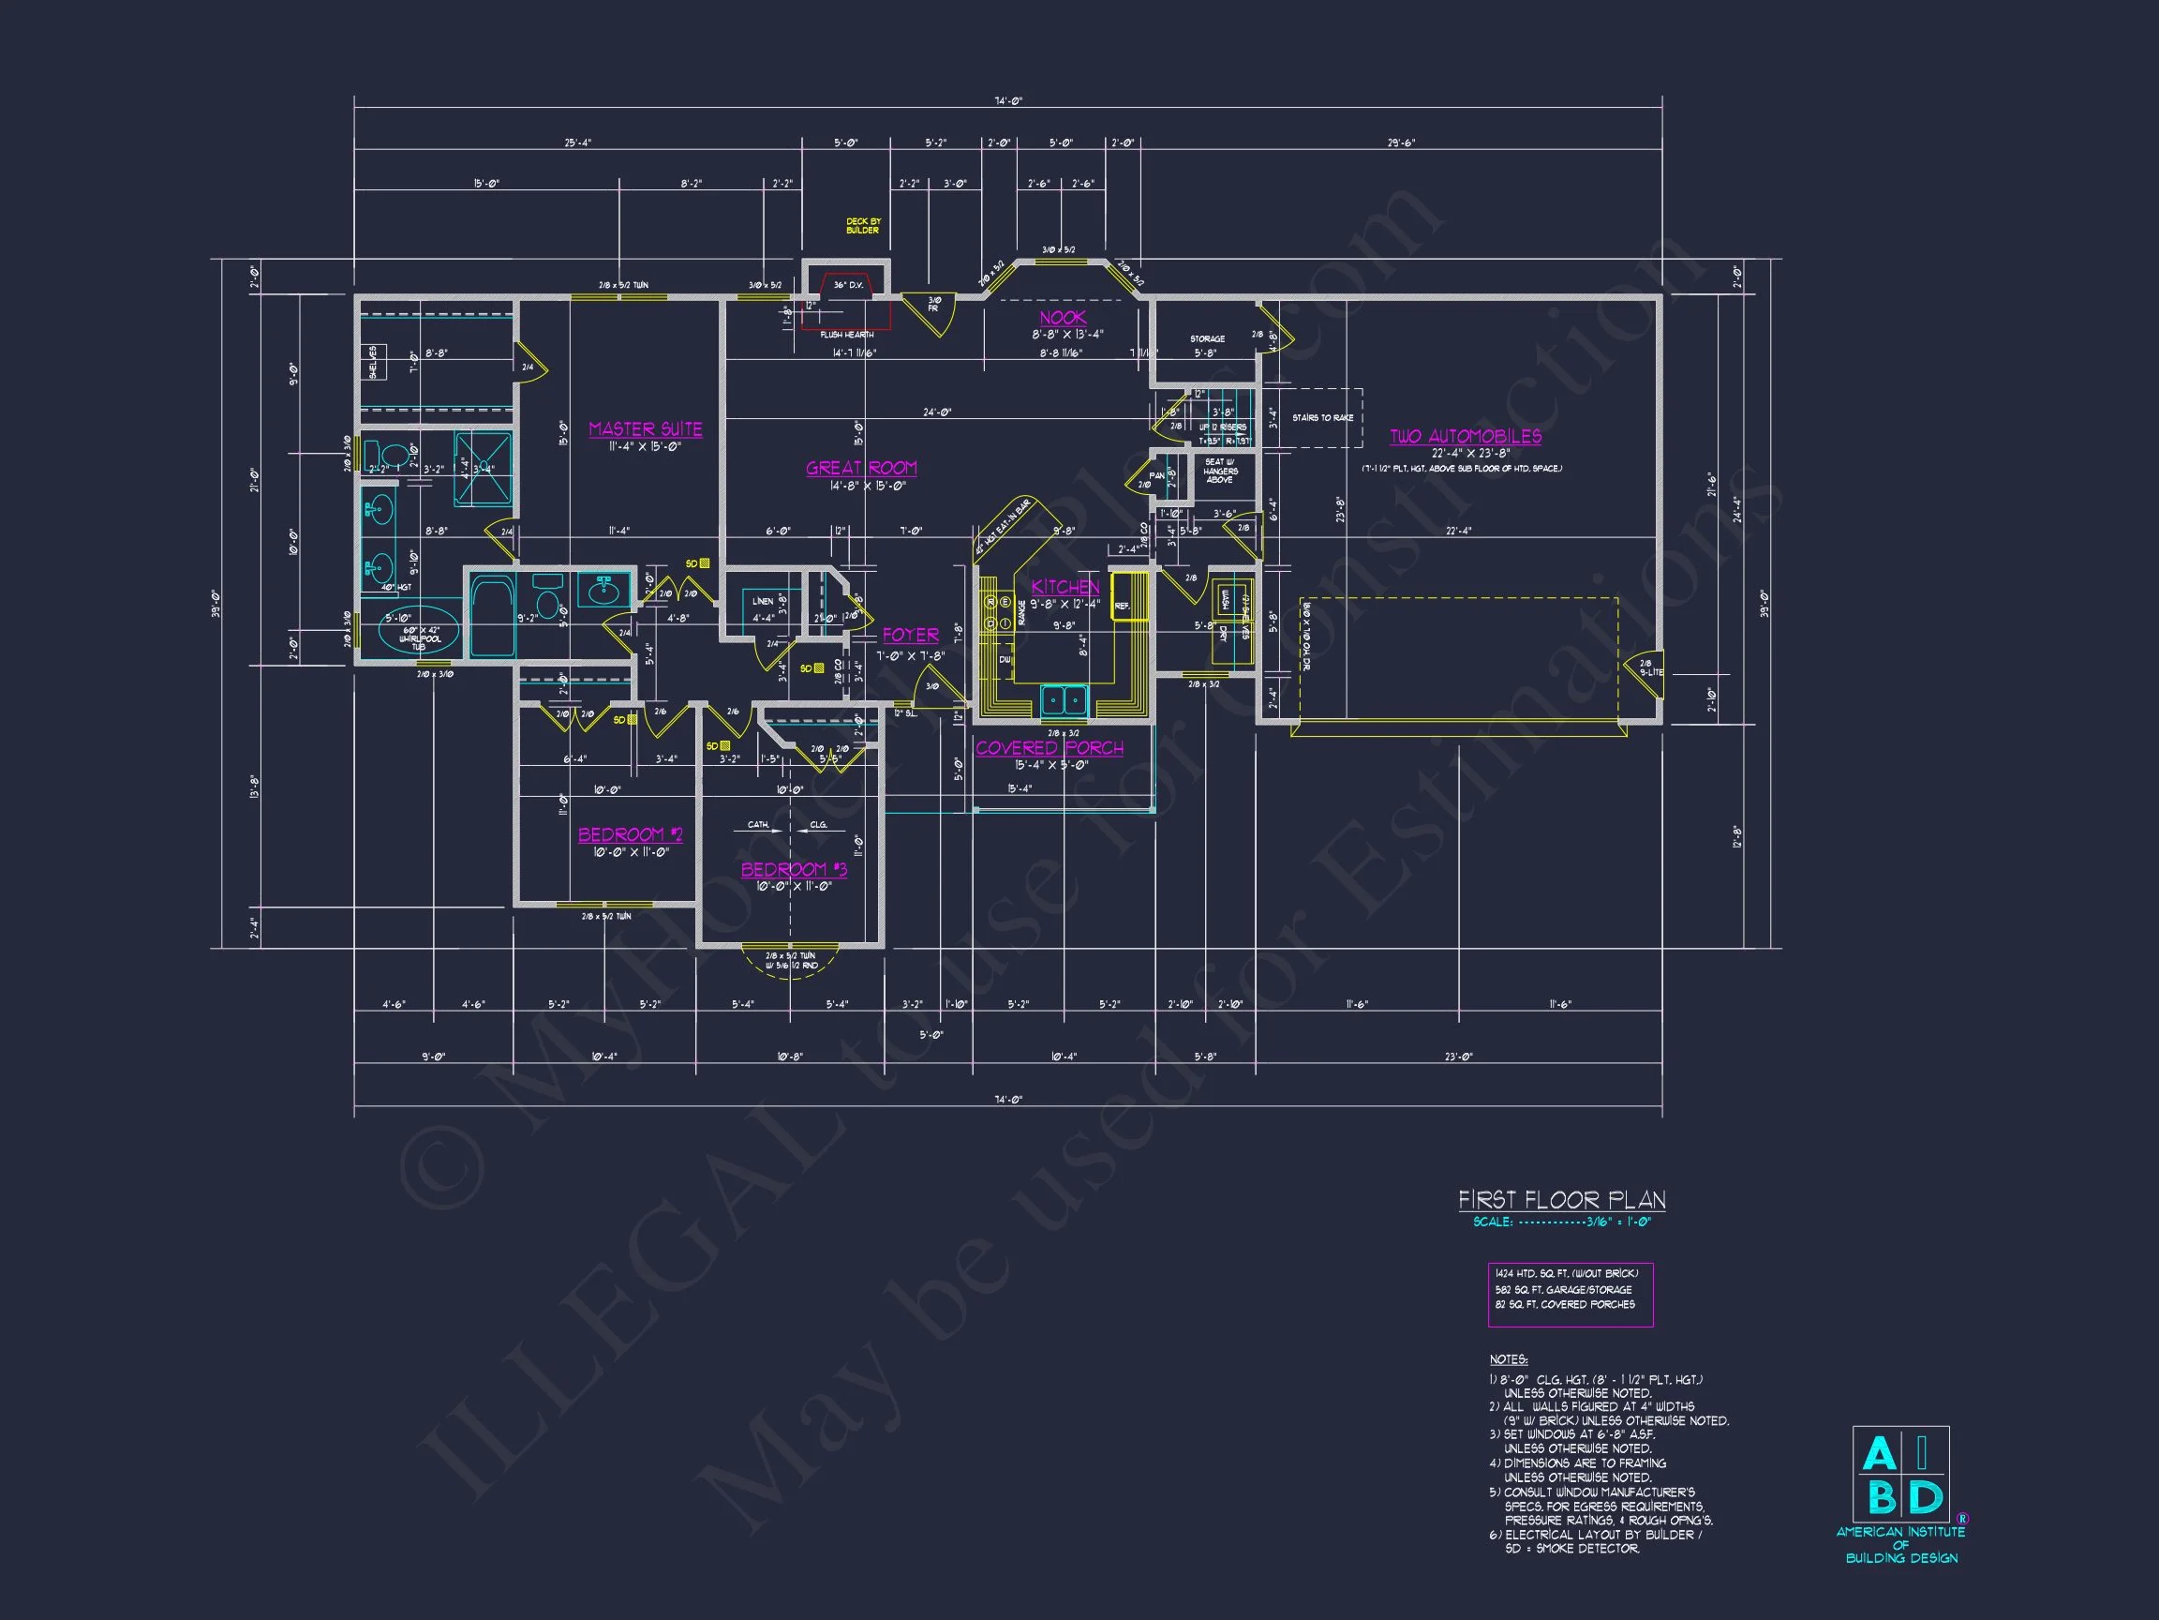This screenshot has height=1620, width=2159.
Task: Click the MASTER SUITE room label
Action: (645, 428)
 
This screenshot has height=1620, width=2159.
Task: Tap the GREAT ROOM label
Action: (861, 468)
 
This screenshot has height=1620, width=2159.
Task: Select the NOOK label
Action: (1062, 318)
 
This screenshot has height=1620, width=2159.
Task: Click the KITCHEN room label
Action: (1065, 586)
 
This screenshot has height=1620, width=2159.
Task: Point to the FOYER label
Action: (910, 635)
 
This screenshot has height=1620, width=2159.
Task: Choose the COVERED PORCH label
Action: (1050, 748)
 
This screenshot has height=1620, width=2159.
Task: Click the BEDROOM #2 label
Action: (630, 834)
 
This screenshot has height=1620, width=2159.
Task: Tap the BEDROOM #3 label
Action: (794, 869)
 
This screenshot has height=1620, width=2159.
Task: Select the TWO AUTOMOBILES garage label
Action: (1465, 437)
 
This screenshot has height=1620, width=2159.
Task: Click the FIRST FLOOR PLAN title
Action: (1561, 1200)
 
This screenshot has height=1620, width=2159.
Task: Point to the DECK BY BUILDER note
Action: (862, 226)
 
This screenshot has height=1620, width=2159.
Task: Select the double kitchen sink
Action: (1064, 699)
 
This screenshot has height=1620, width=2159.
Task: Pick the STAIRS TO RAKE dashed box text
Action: (1322, 418)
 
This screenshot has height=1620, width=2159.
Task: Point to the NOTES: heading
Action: (1508, 1359)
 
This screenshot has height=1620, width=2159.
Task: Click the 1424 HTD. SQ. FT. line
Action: (1566, 1273)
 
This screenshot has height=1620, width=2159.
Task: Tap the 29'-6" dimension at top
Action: (1401, 142)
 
